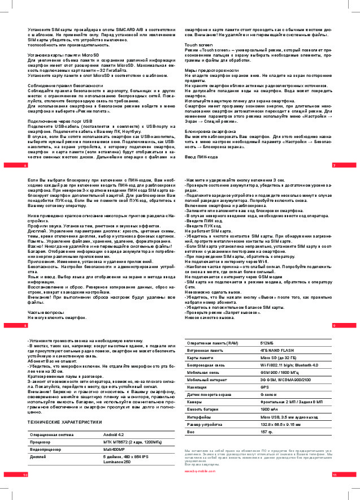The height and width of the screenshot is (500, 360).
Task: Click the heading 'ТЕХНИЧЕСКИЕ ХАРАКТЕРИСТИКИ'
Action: coord(65,422)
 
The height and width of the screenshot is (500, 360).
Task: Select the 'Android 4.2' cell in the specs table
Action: coord(114,434)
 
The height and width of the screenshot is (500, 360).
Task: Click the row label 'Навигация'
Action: coord(197,387)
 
